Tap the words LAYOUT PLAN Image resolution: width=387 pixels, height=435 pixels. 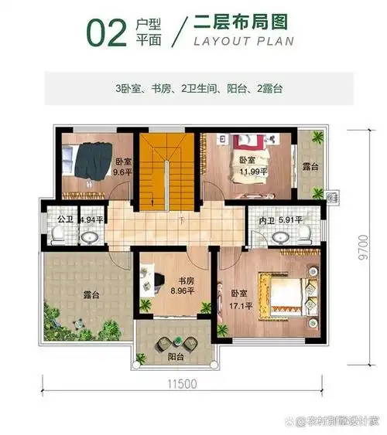click(244, 41)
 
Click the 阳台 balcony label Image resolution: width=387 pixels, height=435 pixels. click(176, 356)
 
